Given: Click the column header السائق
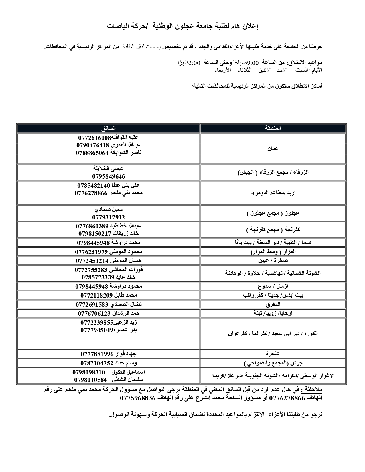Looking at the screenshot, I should [x=108, y=128].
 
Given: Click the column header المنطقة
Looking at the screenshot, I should [x=273, y=128].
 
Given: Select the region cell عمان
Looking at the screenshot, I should [x=273, y=149].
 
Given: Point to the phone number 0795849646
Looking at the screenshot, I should [x=108, y=176].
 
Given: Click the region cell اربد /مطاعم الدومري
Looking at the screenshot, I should [x=273, y=193].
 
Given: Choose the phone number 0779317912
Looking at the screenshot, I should [x=108, y=217].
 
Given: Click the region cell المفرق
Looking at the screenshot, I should [x=273, y=304].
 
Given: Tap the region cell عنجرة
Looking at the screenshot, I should [x=273, y=354].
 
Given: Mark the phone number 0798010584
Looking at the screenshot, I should [x=90, y=380].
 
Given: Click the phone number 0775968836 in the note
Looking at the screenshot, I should [x=138, y=398].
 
